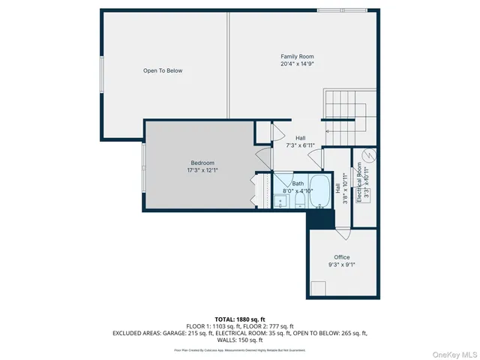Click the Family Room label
point(297,57)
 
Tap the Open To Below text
point(163,71)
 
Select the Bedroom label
point(202,163)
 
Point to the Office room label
point(342,257)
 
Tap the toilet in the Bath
point(281,201)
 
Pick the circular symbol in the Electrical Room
point(368,157)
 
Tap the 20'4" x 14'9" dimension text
point(297,64)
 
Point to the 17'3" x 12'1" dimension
point(202,171)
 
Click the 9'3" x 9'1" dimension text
point(342,265)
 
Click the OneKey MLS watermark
point(453,353)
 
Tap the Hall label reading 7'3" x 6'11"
point(300,142)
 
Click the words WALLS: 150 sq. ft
point(240,340)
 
